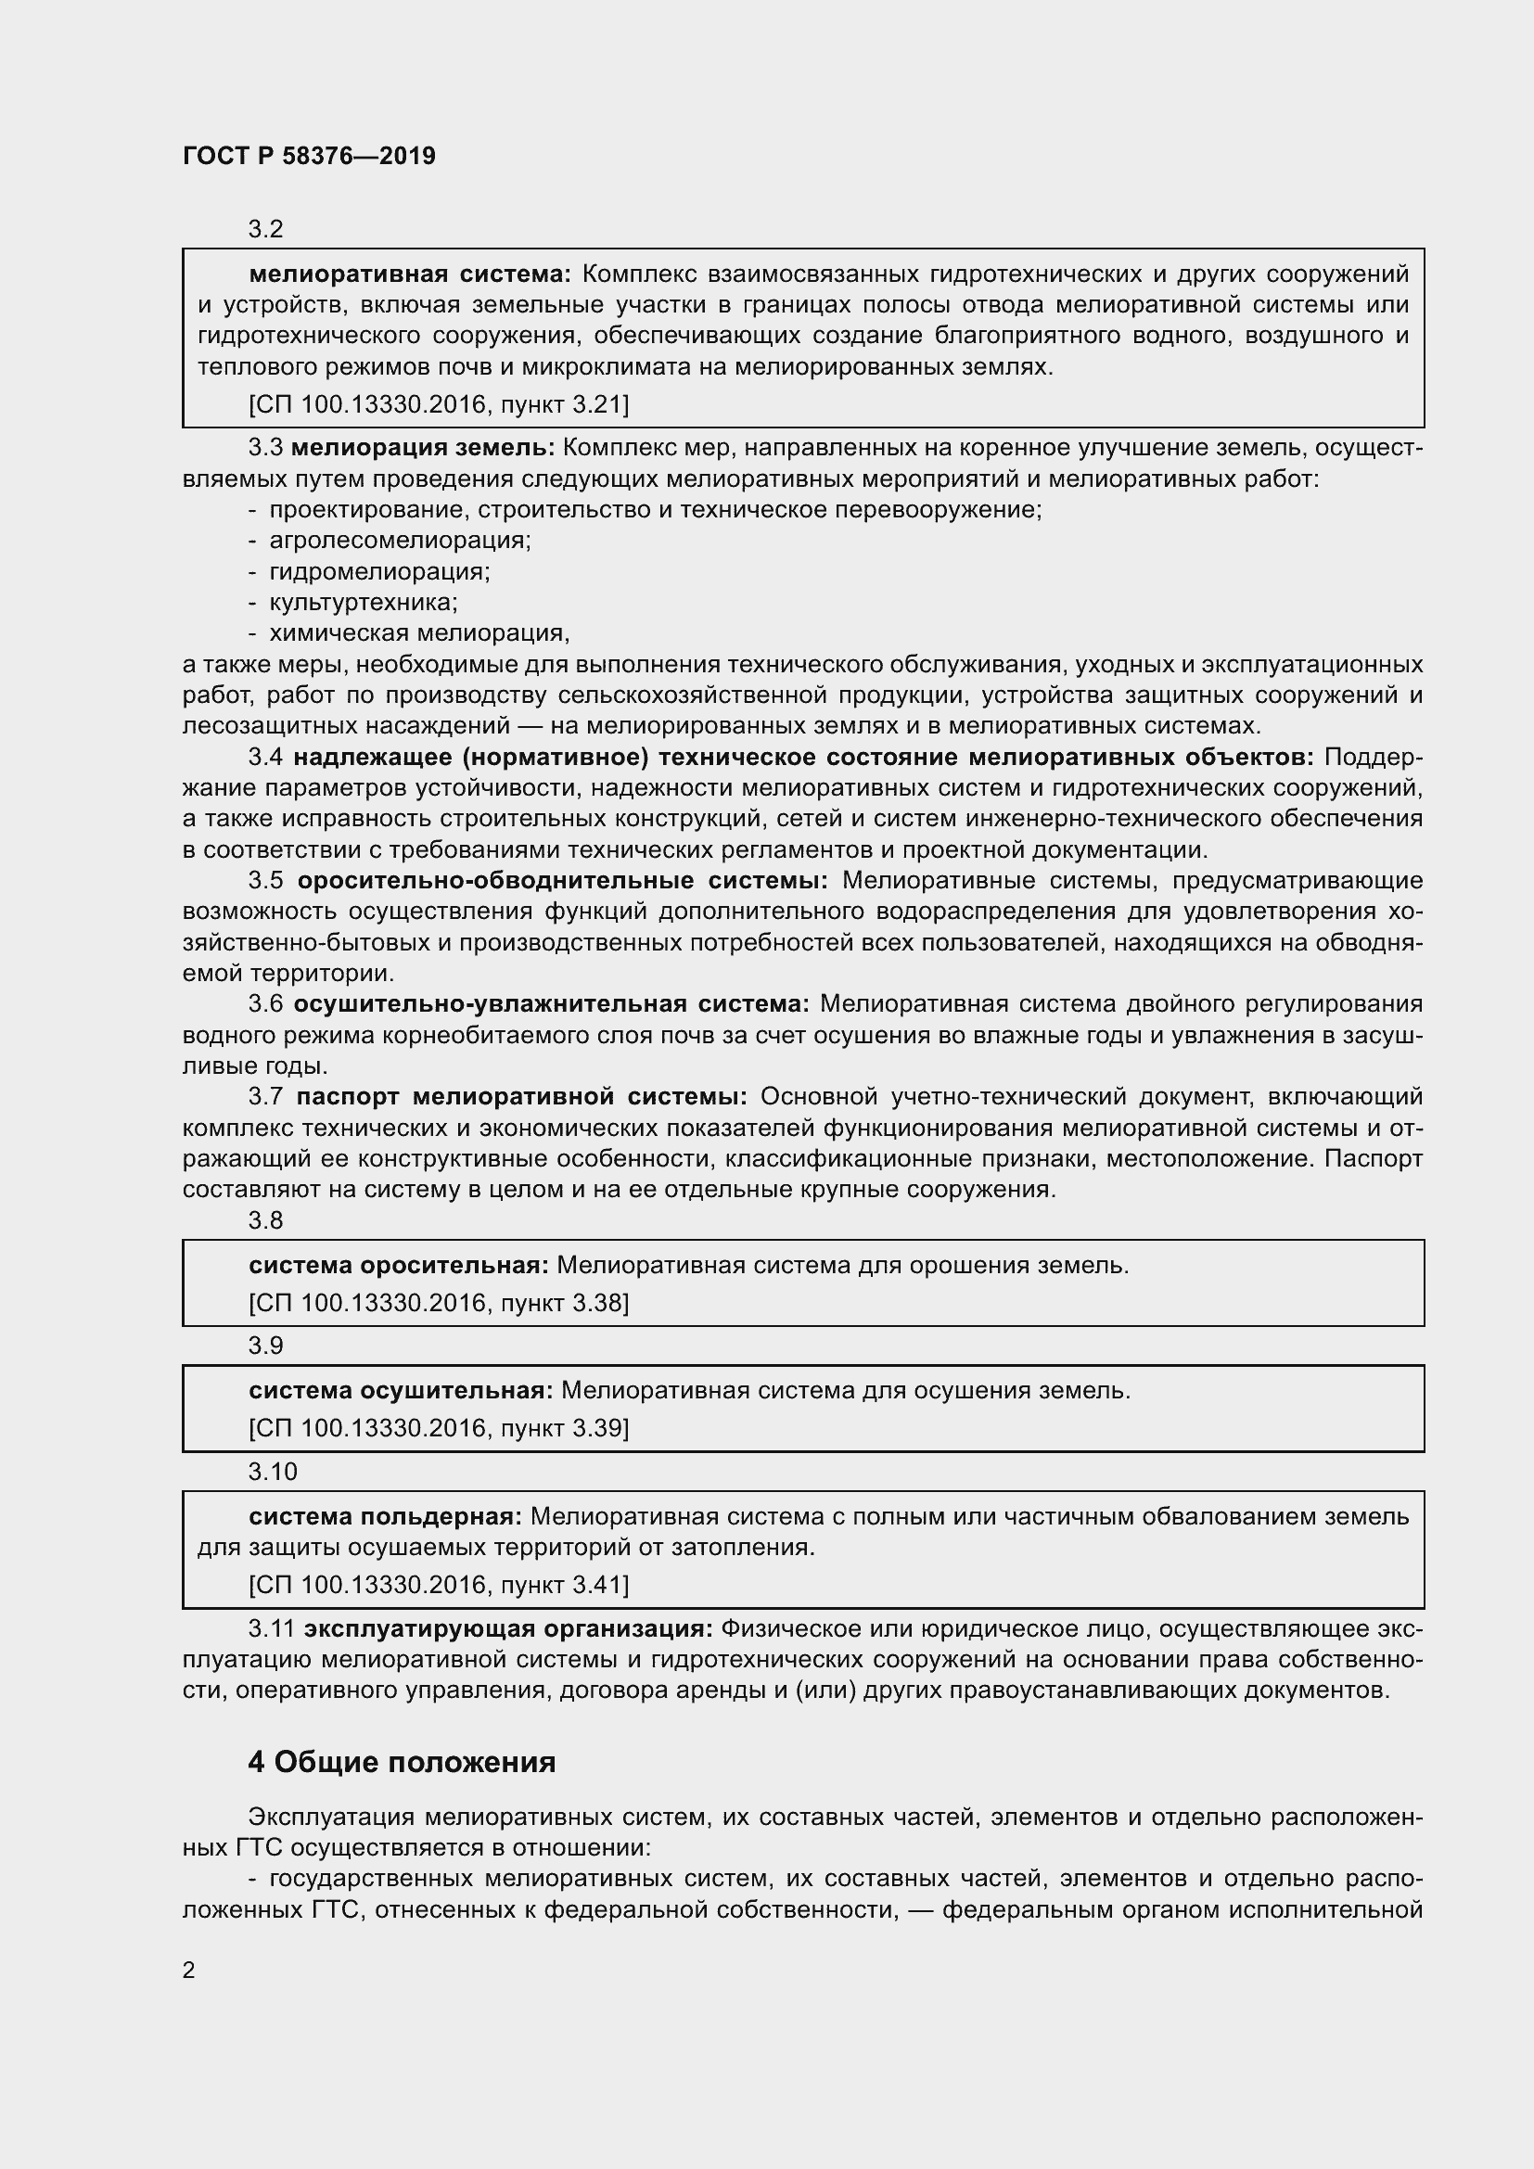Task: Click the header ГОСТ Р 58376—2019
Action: pos(309,156)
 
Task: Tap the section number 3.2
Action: pos(265,229)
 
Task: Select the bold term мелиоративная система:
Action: pos(410,274)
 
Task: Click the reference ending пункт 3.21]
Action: pos(439,404)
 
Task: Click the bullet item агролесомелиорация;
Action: pos(400,540)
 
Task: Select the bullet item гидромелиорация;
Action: pos(378,570)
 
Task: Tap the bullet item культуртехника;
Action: pos(363,602)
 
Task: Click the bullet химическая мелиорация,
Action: pos(418,632)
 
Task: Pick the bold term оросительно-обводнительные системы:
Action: pos(562,880)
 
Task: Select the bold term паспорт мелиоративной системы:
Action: pos(521,1096)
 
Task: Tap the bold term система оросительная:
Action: pos(399,1265)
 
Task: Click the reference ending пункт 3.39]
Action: pos(439,1427)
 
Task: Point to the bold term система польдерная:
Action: pos(386,1516)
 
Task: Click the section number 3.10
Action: pos(272,1472)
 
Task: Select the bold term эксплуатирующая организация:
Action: pos(508,1627)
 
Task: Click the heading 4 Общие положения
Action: pos(402,1762)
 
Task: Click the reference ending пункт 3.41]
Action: pos(439,1584)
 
